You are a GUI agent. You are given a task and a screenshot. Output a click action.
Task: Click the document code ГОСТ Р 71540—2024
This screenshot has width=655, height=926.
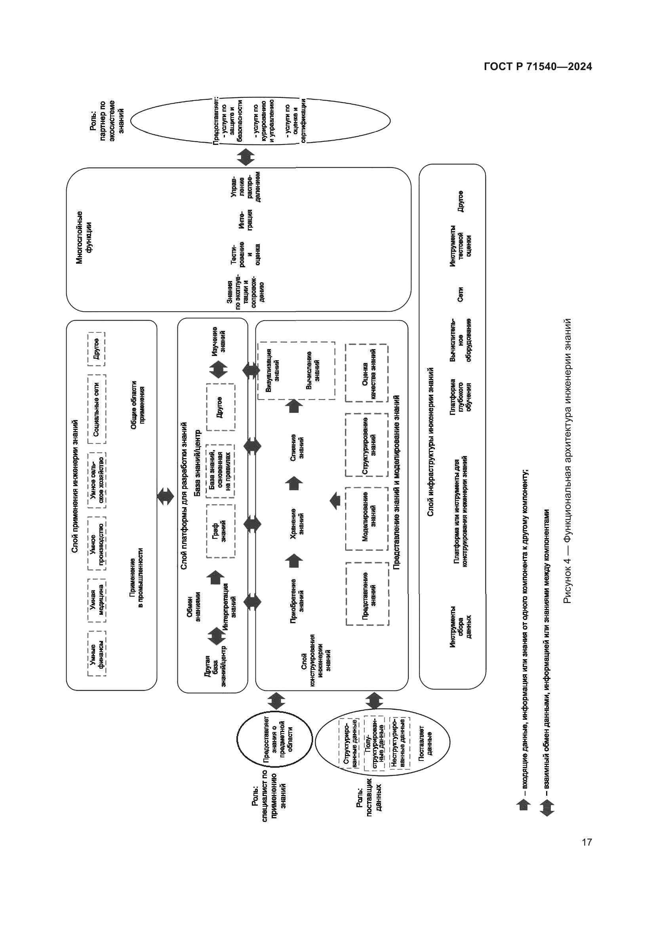pyautogui.click(x=538, y=67)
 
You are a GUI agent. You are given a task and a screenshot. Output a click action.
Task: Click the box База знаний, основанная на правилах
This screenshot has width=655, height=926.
pyautogui.click(x=220, y=471)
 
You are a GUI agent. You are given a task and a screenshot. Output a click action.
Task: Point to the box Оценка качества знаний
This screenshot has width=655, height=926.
pyautogui.click(x=367, y=373)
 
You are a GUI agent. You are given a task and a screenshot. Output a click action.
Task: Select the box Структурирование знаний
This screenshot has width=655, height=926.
pyautogui.click(x=367, y=445)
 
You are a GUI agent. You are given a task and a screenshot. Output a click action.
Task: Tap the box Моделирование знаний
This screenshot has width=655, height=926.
pyautogui.click(x=367, y=518)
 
